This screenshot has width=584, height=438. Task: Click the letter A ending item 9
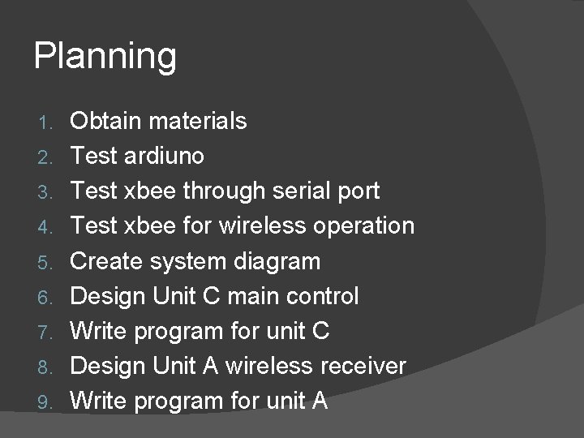click(318, 401)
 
